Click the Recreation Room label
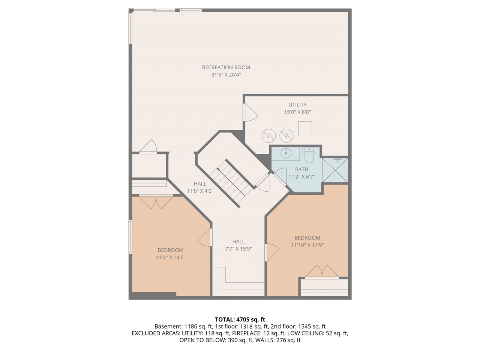click(x=226, y=67)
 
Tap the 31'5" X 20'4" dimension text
click(x=226, y=75)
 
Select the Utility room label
click(x=297, y=105)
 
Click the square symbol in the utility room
click(x=305, y=128)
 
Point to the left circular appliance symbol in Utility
click(x=269, y=135)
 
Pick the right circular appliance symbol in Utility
click(x=286, y=135)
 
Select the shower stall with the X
click(x=335, y=170)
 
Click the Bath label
click(x=301, y=169)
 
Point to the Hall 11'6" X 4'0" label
click(x=200, y=187)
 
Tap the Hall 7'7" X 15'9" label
click(x=238, y=245)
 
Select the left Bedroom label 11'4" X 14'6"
click(x=171, y=253)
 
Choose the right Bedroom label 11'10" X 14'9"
click(x=307, y=241)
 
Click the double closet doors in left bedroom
click(x=156, y=202)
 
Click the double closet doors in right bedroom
click(x=322, y=271)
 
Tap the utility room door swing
click(x=250, y=112)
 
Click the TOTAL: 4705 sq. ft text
click(x=240, y=319)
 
